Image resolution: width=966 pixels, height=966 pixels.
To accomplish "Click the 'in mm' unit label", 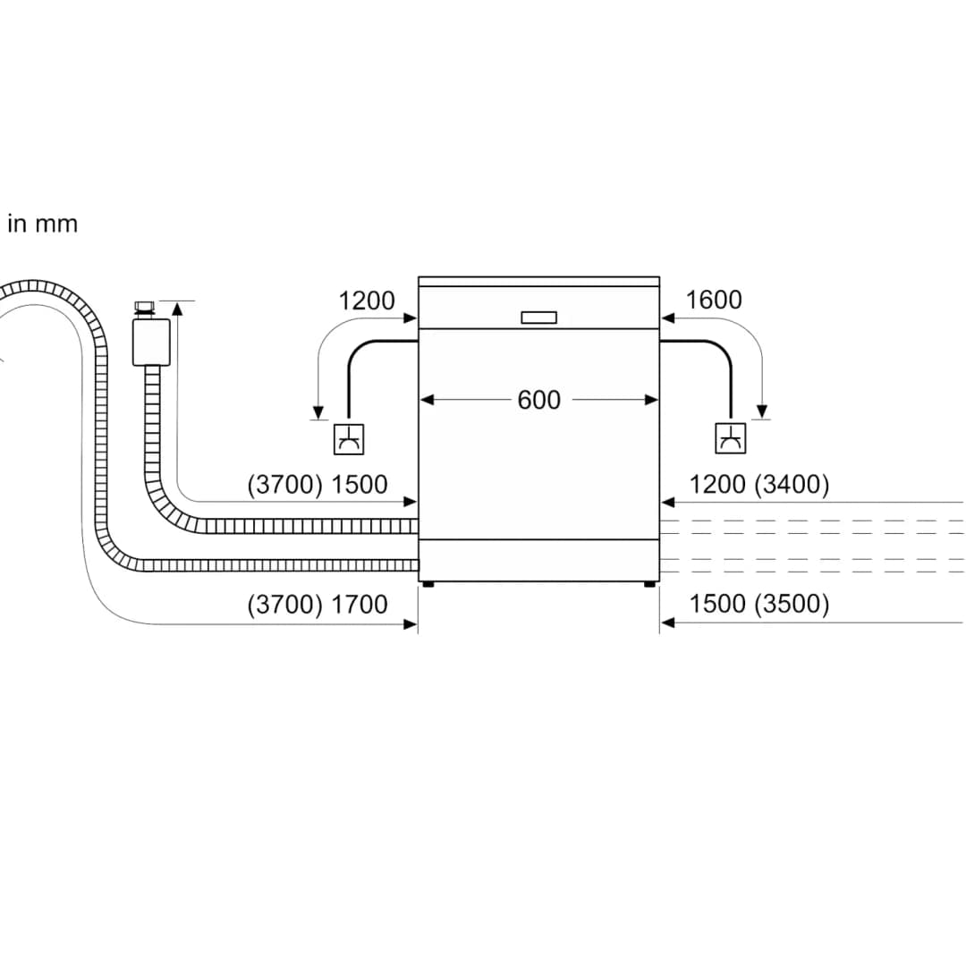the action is click(43, 224).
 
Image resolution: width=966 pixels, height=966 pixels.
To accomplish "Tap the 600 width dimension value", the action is click(539, 400).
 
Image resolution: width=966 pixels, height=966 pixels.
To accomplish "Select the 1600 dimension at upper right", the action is click(714, 300).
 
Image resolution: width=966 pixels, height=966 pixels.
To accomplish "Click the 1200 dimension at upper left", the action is click(367, 301).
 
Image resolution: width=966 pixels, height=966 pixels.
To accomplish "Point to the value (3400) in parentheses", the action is click(792, 484).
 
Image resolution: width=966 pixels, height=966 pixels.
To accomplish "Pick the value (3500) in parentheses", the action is click(792, 604).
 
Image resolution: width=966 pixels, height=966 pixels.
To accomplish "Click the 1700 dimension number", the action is click(360, 605).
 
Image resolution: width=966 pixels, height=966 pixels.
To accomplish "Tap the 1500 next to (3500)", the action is click(717, 604).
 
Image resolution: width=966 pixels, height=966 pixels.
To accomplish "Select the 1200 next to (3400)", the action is click(717, 484).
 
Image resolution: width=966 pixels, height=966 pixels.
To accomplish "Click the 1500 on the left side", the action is click(360, 485).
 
